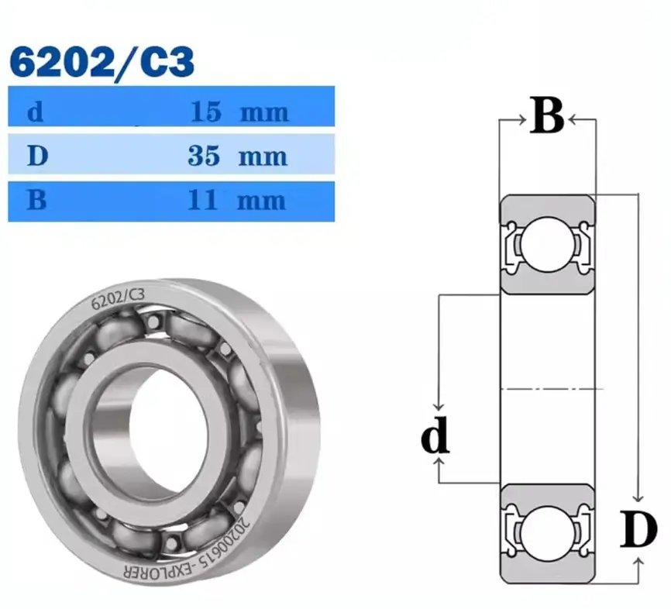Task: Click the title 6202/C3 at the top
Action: [x=101, y=64]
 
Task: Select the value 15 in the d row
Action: [x=205, y=112]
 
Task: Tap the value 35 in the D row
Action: [x=204, y=157]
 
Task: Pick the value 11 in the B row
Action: [x=204, y=201]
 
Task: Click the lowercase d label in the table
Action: [x=35, y=113]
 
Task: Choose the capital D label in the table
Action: [x=36, y=157]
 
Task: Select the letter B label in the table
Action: [x=36, y=201]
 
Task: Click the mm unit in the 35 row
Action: [x=263, y=157]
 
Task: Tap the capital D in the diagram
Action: [x=638, y=531]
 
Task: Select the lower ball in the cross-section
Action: [x=545, y=532]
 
